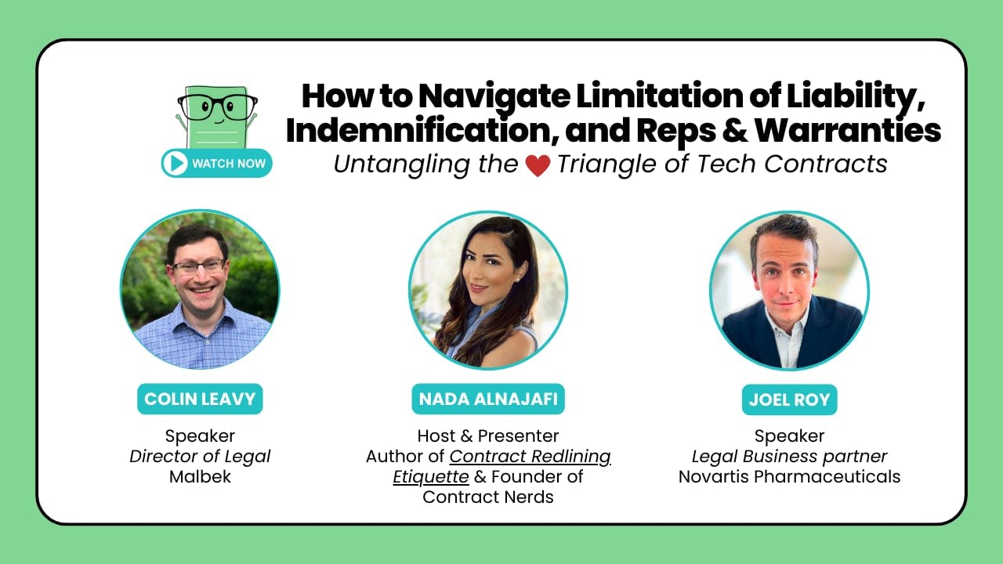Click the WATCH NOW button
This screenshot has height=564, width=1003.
217,163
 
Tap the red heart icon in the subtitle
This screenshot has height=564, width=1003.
538,165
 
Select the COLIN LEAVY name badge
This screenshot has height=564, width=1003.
200,399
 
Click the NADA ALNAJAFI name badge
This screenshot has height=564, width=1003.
488,399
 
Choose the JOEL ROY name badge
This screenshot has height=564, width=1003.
789,399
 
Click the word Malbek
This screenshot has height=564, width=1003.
200,476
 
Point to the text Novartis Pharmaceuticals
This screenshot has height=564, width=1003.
789,476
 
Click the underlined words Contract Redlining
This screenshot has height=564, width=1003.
530,456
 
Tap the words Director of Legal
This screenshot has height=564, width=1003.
200,456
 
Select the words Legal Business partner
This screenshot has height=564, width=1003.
789,456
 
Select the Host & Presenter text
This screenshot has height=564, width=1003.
488,436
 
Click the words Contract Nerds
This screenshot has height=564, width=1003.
488,497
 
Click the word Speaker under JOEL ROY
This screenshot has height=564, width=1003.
789,436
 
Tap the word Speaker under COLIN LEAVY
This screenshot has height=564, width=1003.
200,436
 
